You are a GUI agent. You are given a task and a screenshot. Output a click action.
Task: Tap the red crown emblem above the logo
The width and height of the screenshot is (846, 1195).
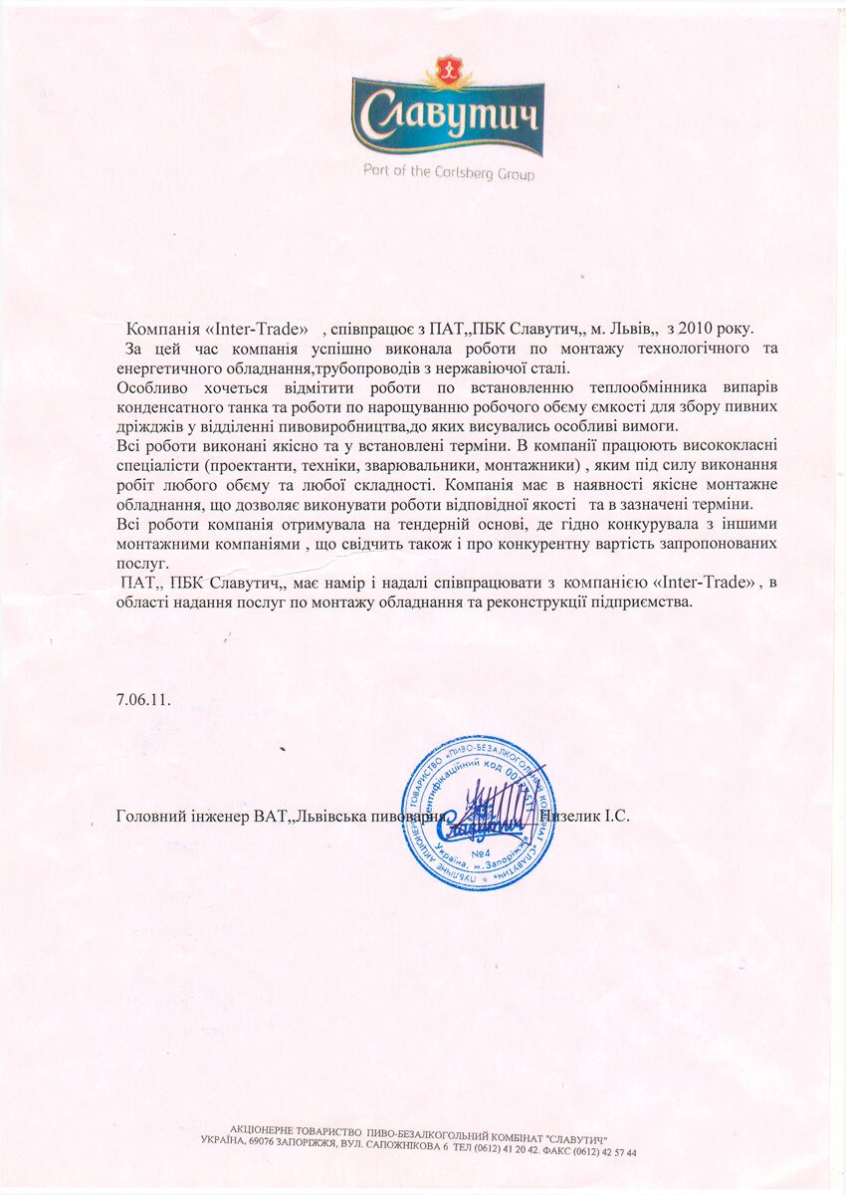(x=448, y=71)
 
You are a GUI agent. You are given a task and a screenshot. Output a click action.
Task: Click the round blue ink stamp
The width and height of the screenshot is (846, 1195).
(x=478, y=813)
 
